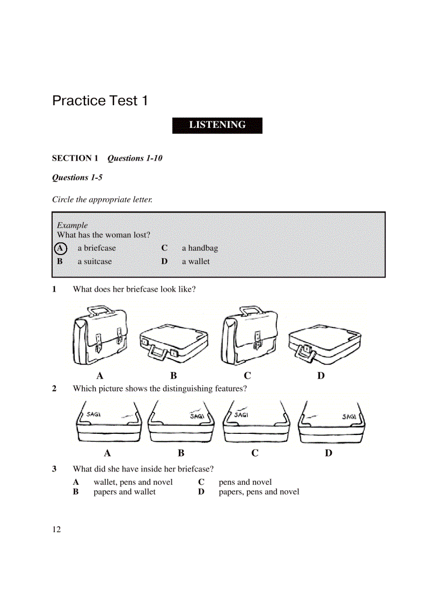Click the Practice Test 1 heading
pyautogui.click(x=100, y=101)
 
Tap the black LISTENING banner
pyautogui.click(x=217, y=125)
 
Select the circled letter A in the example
pyautogui.click(x=61, y=248)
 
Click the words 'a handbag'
pyautogui.click(x=200, y=248)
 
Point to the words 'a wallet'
pyautogui.click(x=195, y=261)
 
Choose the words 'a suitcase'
pyautogui.click(x=95, y=261)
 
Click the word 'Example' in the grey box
pyautogui.click(x=72, y=226)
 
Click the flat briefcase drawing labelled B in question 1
pyautogui.click(x=174, y=344)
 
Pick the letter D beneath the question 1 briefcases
pyautogui.click(x=320, y=376)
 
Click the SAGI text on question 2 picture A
pyautogui.click(x=94, y=415)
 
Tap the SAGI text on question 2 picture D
pyautogui.click(x=349, y=416)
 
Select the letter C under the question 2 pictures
pyautogui.click(x=254, y=453)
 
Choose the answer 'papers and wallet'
pyautogui.click(x=125, y=492)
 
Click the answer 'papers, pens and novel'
pyautogui.click(x=259, y=492)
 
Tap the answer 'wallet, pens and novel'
pyautogui.click(x=133, y=482)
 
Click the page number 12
pyautogui.click(x=56, y=530)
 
